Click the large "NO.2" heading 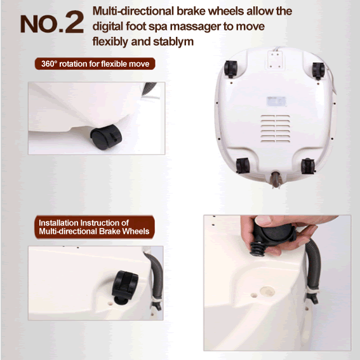click(x=52, y=22)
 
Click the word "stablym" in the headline click(x=173, y=42)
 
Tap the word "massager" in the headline click(x=196, y=27)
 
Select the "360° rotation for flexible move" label click(x=95, y=63)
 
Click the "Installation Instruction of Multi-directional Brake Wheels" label click(x=95, y=227)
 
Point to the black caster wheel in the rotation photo click(x=106, y=137)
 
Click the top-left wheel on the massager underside click(x=230, y=69)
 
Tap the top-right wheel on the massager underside click(x=318, y=70)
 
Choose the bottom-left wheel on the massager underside click(x=243, y=166)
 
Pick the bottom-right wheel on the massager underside click(x=308, y=166)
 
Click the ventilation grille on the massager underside click(x=276, y=128)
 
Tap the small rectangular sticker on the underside click(x=276, y=102)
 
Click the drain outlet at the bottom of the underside click(x=276, y=180)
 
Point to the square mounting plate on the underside click(x=276, y=60)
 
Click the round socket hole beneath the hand click(x=267, y=291)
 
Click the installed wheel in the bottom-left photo click(x=124, y=288)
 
